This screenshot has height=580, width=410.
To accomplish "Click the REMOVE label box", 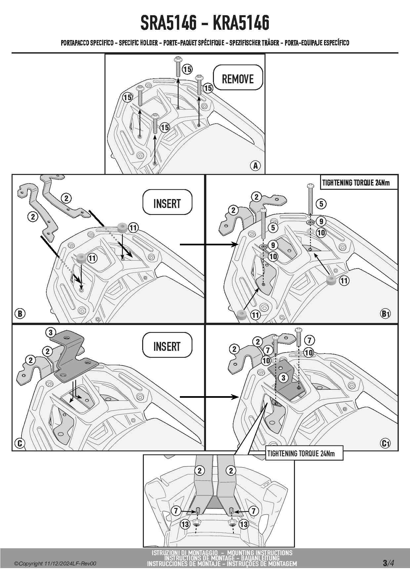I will click(x=238, y=78).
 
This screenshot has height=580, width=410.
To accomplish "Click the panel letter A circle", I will click(x=255, y=165).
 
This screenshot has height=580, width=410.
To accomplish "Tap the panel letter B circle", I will click(x=20, y=313).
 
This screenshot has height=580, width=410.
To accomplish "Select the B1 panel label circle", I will click(x=386, y=313).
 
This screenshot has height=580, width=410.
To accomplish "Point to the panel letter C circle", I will click(x=20, y=443).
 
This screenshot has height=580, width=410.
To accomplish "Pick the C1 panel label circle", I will click(x=386, y=443).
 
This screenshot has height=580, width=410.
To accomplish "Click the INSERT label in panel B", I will click(x=167, y=202).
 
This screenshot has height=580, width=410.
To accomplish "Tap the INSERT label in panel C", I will click(x=167, y=345).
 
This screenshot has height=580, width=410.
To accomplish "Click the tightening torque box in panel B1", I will click(x=358, y=183).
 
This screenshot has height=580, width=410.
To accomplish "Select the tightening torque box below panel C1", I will click(x=304, y=453).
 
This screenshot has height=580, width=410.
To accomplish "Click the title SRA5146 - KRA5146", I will click(x=205, y=23).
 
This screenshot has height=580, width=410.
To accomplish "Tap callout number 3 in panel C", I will click(x=51, y=332).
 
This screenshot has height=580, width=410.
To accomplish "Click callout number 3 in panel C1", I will click(x=283, y=378).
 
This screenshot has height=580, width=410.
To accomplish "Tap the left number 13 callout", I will click(x=185, y=524).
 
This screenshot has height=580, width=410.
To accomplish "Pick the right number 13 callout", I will click(x=244, y=524).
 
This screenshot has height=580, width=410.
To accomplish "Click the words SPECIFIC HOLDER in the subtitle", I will click(x=138, y=43).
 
